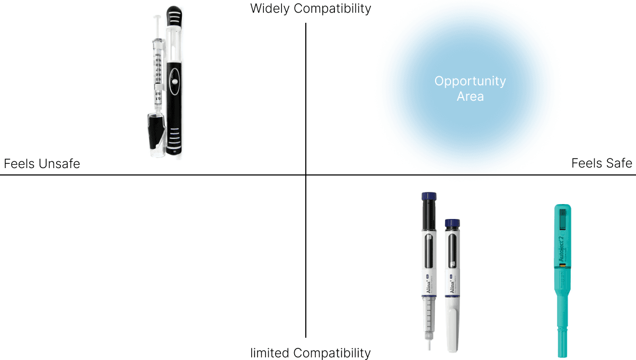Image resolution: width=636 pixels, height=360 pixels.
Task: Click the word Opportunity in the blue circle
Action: [470, 82]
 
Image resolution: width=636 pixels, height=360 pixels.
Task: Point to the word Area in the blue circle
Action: [470, 97]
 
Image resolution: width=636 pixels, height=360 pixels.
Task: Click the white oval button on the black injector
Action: [173, 83]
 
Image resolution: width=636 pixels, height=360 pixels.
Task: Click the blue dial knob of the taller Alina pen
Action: [429, 197]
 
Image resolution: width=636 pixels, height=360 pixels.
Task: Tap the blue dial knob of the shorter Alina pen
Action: [452, 224]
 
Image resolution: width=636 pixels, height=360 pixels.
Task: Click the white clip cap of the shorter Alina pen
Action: [452, 331]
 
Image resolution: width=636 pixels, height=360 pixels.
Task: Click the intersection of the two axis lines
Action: [306, 175]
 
